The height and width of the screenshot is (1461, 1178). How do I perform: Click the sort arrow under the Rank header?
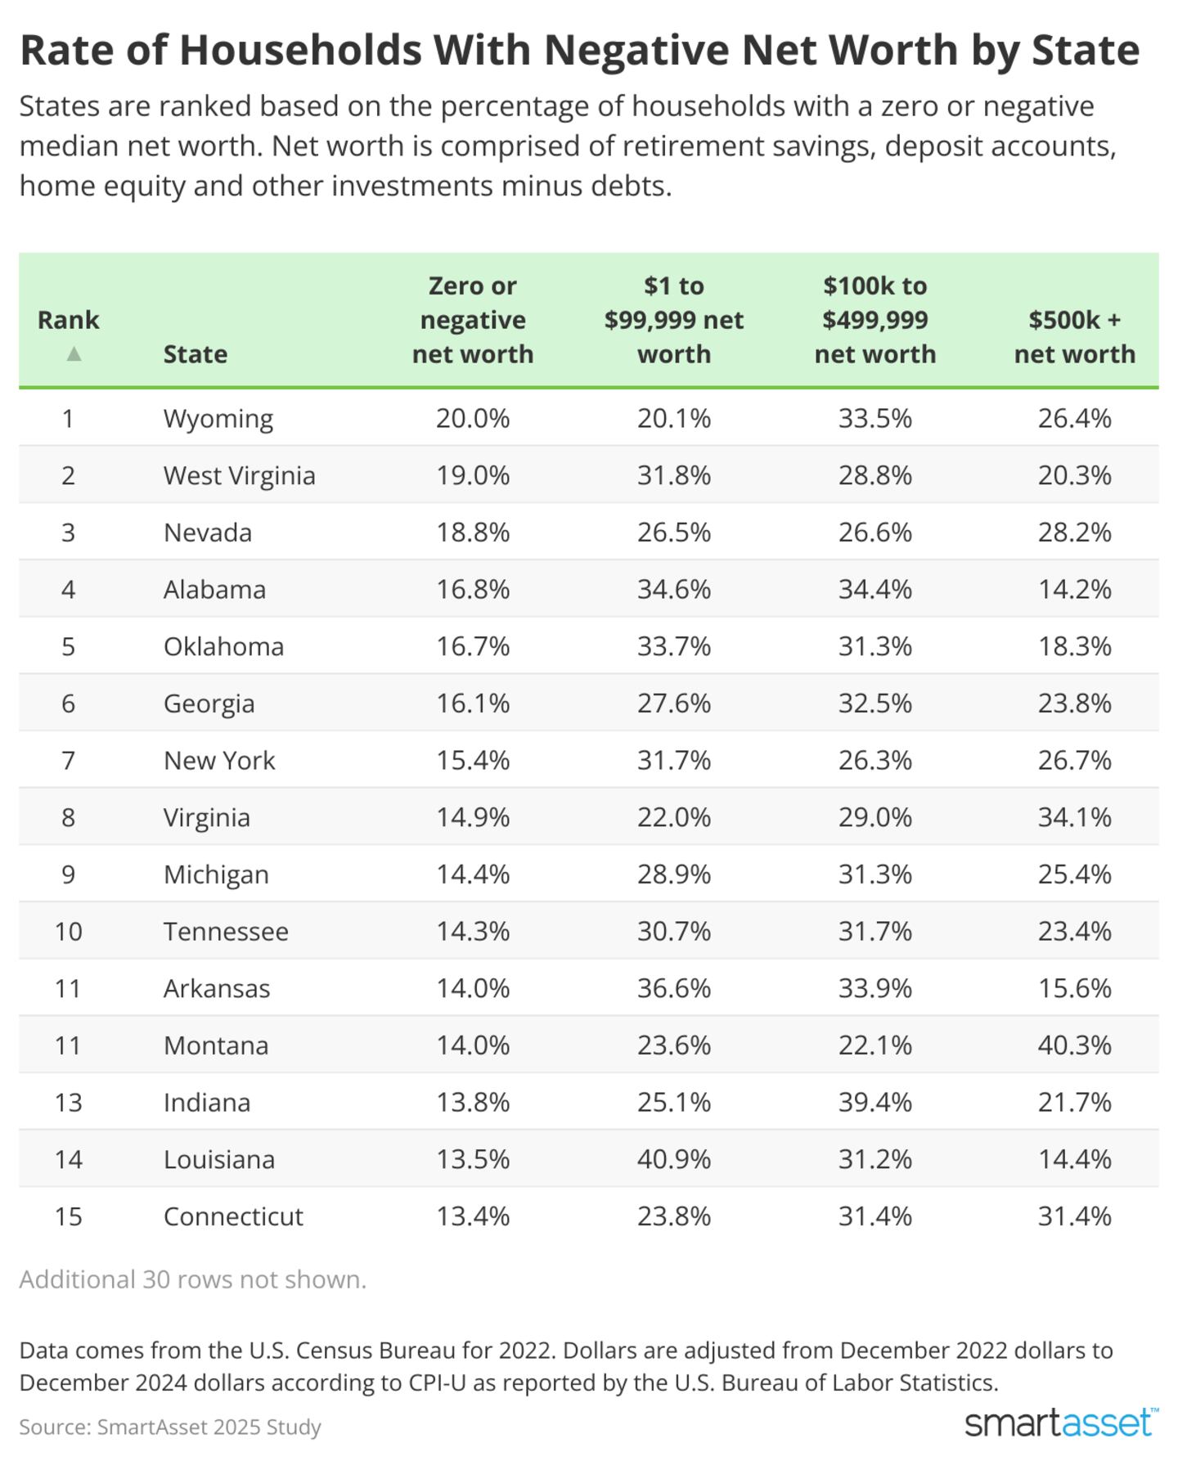pos(74,353)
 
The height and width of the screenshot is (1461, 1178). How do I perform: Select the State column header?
pos(196,354)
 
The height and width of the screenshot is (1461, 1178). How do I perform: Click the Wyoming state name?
pos(218,418)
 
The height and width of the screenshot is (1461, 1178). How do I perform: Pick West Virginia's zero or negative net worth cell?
pos(473,475)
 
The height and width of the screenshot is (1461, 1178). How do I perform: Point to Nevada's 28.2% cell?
pos(1075,533)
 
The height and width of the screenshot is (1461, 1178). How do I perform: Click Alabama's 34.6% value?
pos(674,589)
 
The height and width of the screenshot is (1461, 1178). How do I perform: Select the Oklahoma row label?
pos(223,646)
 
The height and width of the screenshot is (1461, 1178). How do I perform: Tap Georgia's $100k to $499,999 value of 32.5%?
pos(875,704)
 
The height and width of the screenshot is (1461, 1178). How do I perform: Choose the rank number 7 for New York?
pos(68,761)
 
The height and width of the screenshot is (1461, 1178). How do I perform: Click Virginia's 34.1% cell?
pos(1075,817)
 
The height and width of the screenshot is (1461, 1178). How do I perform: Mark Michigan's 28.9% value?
pos(674,874)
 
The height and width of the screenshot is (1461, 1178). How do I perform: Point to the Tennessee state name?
pos(226,931)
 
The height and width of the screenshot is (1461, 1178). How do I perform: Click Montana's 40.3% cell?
pos(1075,1045)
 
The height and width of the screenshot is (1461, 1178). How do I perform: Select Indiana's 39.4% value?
pos(875,1103)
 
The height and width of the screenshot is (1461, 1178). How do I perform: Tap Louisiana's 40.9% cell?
pos(674,1159)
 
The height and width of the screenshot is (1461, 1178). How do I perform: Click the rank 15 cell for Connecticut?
pos(68,1216)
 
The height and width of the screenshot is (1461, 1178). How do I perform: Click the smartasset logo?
pos(1061,1423)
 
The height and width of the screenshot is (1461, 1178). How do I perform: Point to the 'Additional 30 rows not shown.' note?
pos(193,1279)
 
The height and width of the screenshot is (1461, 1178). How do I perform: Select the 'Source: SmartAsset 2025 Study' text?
pos(170,1427)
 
